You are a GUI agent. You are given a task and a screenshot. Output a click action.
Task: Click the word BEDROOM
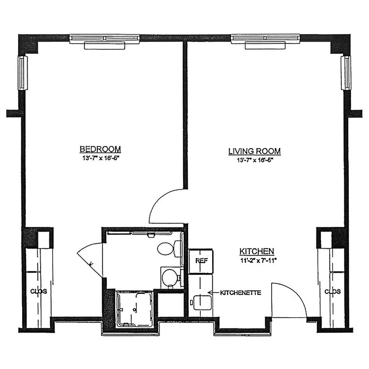point(100,149)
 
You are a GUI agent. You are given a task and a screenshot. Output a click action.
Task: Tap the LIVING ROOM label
point(255,151)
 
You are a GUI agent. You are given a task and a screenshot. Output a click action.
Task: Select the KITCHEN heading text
point(257,251)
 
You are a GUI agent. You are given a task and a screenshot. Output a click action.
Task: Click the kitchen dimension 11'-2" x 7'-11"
point(258,261)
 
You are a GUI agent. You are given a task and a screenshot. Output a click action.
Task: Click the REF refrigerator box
point(201,261)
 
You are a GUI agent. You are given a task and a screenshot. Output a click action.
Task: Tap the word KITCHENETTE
point(240,293)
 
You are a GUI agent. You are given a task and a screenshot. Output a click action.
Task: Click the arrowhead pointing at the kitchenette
point(210,292)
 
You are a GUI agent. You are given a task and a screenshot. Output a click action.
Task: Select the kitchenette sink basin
point(202,302)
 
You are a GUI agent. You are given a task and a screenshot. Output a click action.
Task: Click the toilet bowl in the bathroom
point(165,249)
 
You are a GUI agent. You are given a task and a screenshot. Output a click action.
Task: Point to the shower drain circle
point(135,309)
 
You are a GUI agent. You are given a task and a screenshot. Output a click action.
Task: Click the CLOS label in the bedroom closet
point(39,292)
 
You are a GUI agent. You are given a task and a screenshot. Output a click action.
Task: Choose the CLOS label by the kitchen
point(333,292)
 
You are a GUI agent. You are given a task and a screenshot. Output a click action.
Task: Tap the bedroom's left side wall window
point(23,73)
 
